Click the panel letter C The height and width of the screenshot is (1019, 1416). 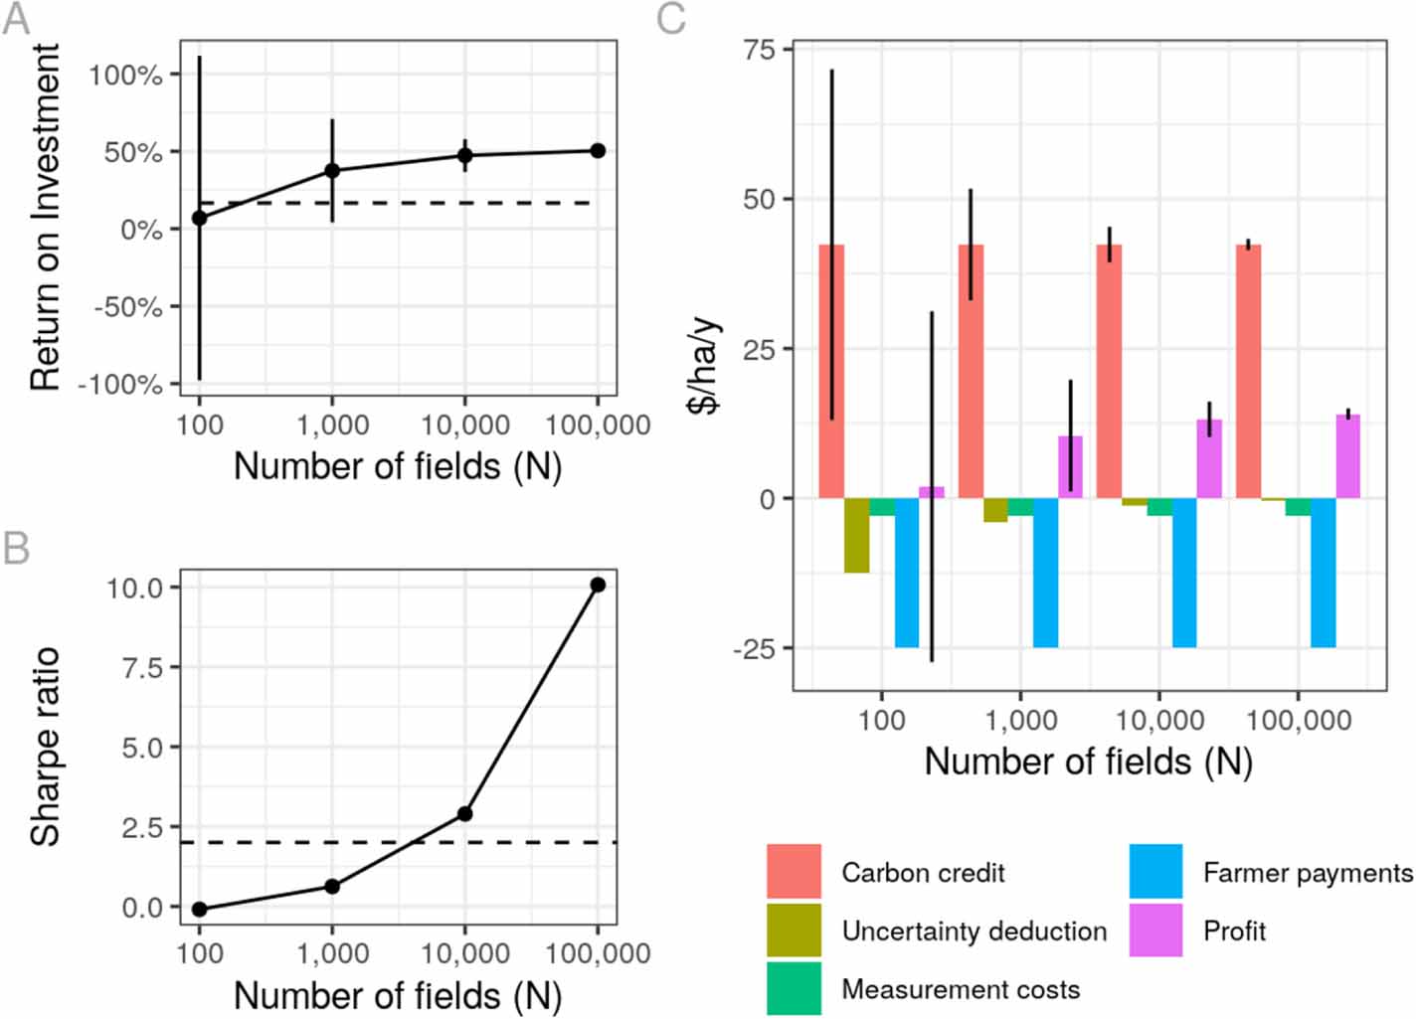tap(672, 19)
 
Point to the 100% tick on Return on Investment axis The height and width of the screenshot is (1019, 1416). tap(126, 75)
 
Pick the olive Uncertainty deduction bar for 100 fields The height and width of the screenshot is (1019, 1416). tap(856, 535)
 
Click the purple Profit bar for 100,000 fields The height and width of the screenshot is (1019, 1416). tap(1347, 456)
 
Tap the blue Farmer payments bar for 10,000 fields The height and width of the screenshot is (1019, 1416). tap(1184, 573)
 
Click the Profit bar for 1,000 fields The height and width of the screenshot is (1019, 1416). tap(1070, 467)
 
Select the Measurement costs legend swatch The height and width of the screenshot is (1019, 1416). tap(794, 988)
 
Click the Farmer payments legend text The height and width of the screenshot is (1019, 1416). tap(1307, 873)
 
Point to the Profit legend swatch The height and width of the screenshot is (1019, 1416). tap(1155, 931)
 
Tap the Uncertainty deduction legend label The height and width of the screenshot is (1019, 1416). tap(973, 931)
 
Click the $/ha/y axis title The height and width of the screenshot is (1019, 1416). tap(706, 368)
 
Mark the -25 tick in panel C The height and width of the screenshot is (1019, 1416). tap(755, 649)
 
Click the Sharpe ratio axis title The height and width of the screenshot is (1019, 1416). tap(46, 747)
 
